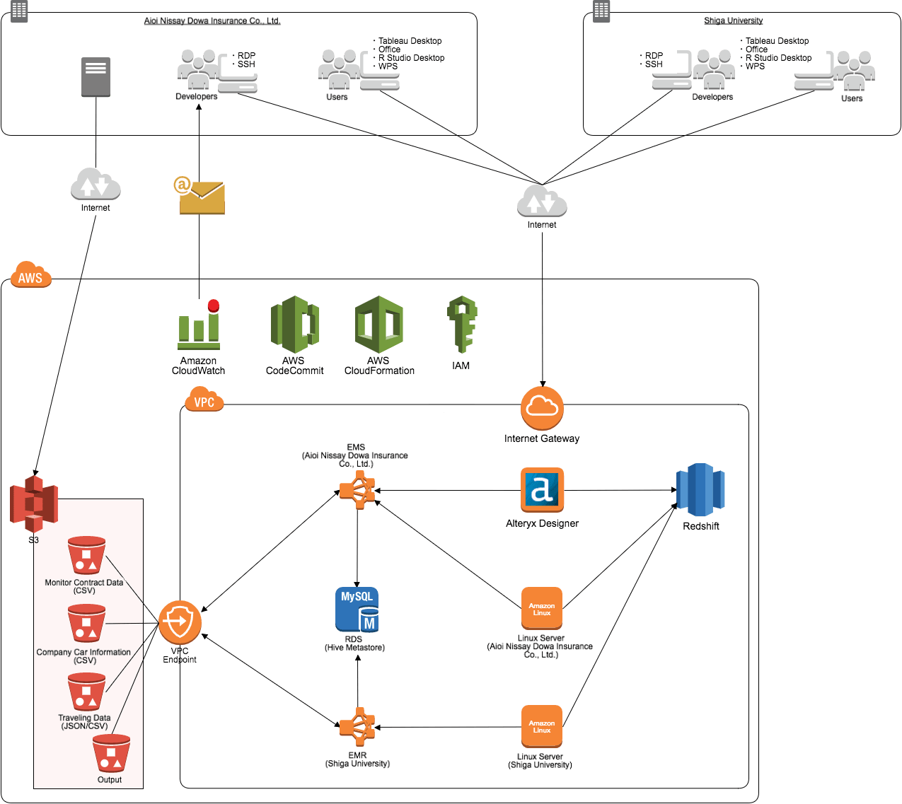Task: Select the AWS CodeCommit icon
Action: click(294, 325)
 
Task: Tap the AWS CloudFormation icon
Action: click(379, 325)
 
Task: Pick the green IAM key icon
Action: click(461, 325)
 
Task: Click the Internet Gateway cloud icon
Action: click(542, 408)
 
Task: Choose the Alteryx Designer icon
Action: click(542, 489)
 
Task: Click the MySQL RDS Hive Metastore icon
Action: click(357, 609)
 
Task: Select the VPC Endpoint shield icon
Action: click(180, 622)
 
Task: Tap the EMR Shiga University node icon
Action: click(357, 727)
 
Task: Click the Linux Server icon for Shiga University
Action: click(541, 726)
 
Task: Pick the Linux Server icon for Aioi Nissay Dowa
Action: click(541, 608)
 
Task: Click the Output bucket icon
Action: click(111, 754)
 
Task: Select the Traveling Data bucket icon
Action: click(86, 692)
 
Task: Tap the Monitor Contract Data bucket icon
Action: click(86, 555)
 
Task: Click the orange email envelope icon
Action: click(201, 197)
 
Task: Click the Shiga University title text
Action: click(733, 21)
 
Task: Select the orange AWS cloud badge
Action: click(31, 276)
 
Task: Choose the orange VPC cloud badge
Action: click(204, 401)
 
